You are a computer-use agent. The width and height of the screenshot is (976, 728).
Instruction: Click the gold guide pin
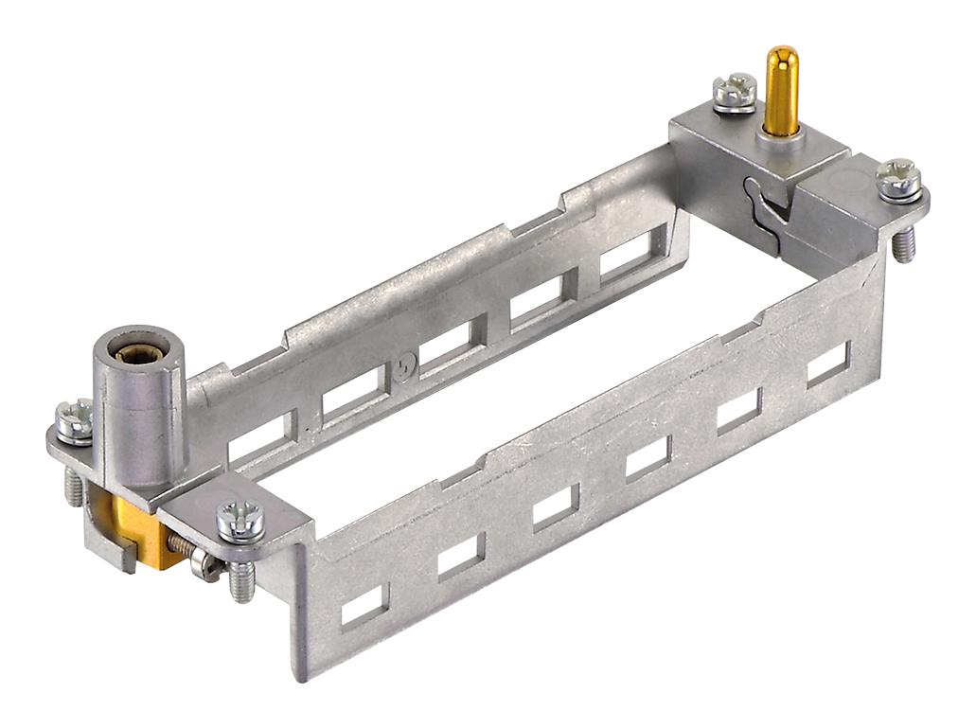pos(781,85)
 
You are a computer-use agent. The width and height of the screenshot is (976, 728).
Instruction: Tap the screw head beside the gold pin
pos(736,91)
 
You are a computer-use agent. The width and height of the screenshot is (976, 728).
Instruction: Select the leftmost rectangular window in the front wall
pos(364,606)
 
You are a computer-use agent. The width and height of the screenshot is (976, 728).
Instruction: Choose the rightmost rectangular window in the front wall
pos(828,363)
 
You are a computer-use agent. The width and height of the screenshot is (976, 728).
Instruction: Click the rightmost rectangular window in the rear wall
pos(624,256)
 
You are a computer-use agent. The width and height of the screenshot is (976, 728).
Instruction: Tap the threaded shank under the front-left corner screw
pos(242,579)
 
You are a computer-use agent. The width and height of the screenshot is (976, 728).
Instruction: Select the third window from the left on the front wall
pos(556,506)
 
